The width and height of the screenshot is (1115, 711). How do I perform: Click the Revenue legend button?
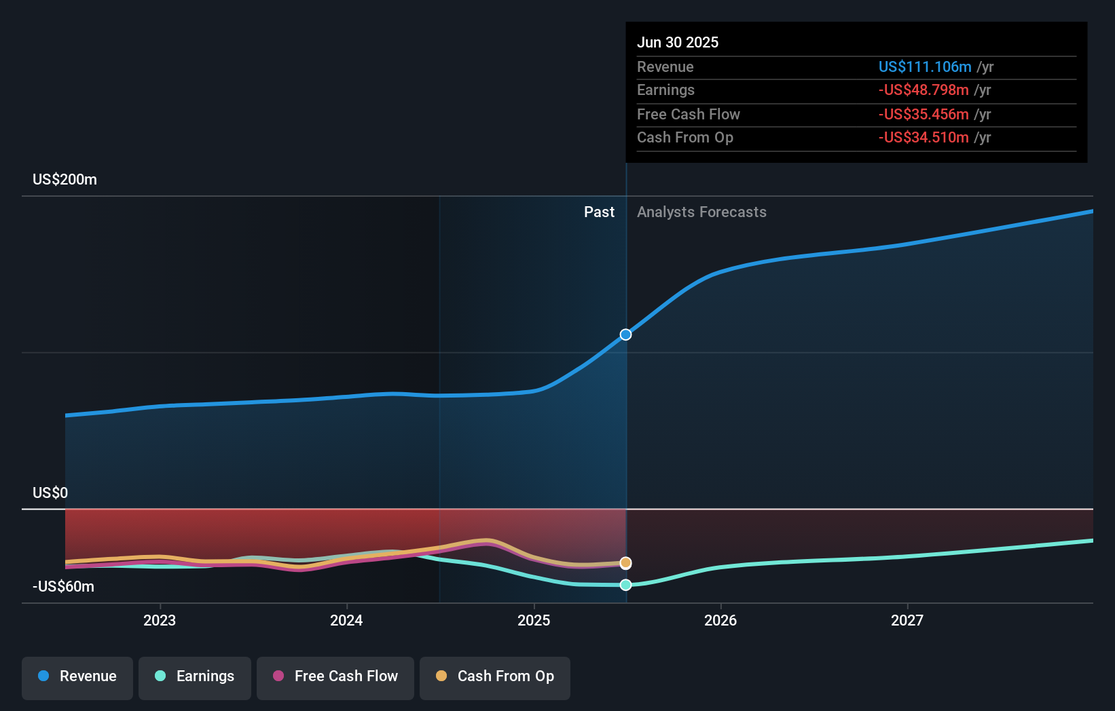point(77,677)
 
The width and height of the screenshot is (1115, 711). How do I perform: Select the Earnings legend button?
point(195,677)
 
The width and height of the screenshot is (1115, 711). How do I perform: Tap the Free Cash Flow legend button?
point(335,677)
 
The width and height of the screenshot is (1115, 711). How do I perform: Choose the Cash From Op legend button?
point(495,677)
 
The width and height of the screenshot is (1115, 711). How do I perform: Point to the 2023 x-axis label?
point(160,620)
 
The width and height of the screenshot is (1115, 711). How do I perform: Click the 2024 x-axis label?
point(346,620)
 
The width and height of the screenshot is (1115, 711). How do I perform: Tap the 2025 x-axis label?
point(534,620)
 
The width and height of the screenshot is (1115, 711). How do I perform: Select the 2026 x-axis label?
point(720,620)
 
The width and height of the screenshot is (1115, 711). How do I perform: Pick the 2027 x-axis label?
point(907,620)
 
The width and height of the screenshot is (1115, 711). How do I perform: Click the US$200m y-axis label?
point(65,180)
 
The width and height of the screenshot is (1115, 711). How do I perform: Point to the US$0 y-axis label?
point(50,493)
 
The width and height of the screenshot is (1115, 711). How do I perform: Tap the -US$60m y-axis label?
point(63,587)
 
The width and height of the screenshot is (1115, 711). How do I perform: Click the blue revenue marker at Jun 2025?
point(625,334)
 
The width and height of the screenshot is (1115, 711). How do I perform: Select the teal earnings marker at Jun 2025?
point(625,585)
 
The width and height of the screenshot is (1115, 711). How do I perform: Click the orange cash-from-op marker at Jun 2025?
point(625,562)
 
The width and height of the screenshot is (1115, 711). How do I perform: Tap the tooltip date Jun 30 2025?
point(677,42)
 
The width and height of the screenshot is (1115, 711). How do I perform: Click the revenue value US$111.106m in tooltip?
point(925,66)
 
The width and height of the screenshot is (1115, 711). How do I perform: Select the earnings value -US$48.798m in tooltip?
point(924,90)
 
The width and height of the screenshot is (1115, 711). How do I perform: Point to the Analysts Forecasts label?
point(701,212)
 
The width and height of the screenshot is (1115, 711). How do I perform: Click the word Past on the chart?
point(599,212)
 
